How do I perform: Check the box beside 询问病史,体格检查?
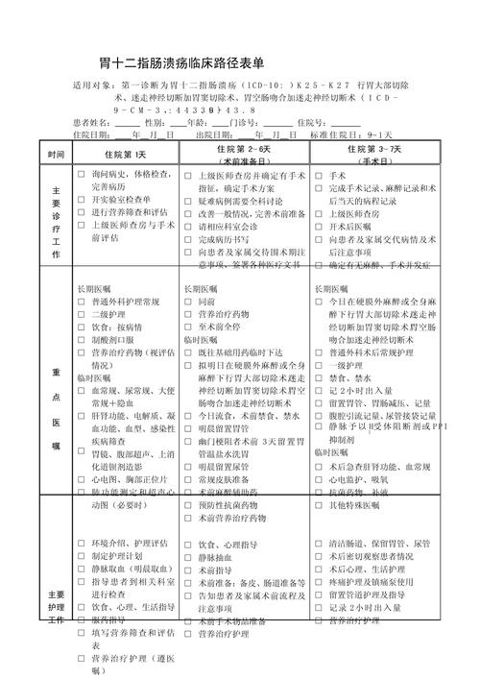[x=82, y=175]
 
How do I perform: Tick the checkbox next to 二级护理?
[x=82, y=314]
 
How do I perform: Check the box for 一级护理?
[x=321, y=366]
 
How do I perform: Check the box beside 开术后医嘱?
[x=321, y=227]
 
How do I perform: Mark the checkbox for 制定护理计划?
[x=82, y=556]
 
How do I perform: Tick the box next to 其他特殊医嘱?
[x=321, y=504]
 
